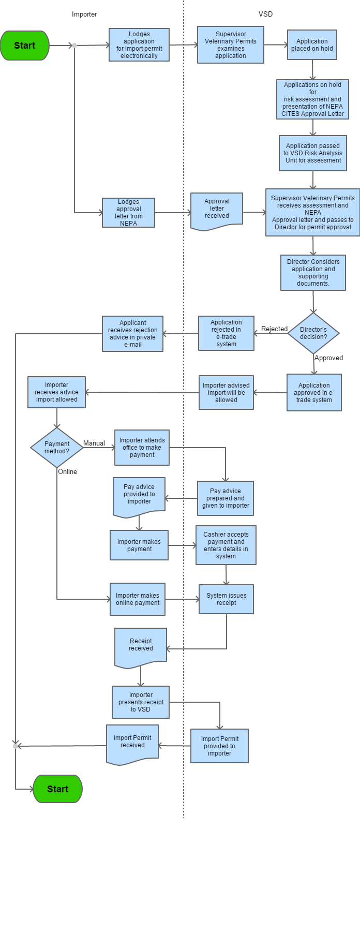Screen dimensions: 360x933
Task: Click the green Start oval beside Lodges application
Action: [x=25, y=46]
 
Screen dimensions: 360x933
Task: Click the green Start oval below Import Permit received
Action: [x=58, y=789]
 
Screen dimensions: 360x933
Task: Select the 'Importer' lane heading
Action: [x=84, y=14]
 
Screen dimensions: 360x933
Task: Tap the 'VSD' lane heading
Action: [x=265, y=14]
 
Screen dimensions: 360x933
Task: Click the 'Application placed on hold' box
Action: [x=312, y=45]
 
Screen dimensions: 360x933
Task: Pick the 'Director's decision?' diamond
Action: [x=313, y=333]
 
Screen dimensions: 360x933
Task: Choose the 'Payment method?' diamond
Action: [x=57, y=448]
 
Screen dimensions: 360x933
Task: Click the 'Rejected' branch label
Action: [x=274, y=329]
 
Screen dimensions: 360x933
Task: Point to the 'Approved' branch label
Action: [x=329, y=358]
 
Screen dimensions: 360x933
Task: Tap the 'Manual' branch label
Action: [x=94, y=443]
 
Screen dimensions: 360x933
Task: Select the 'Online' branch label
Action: [x=68, y=472]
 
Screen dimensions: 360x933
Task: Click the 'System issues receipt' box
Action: [x=227, y=599]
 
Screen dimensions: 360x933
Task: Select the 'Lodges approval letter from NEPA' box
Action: [x=129, y=213]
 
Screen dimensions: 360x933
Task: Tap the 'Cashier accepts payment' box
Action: [x=226, y=545]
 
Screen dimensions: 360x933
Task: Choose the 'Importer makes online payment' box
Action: [x=138, y=599]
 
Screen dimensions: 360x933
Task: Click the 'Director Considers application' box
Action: [x=313, y=273]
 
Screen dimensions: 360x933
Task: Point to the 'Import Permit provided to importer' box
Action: [x=219, y=746]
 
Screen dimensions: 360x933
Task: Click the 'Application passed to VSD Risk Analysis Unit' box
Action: [x=313, y=153]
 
